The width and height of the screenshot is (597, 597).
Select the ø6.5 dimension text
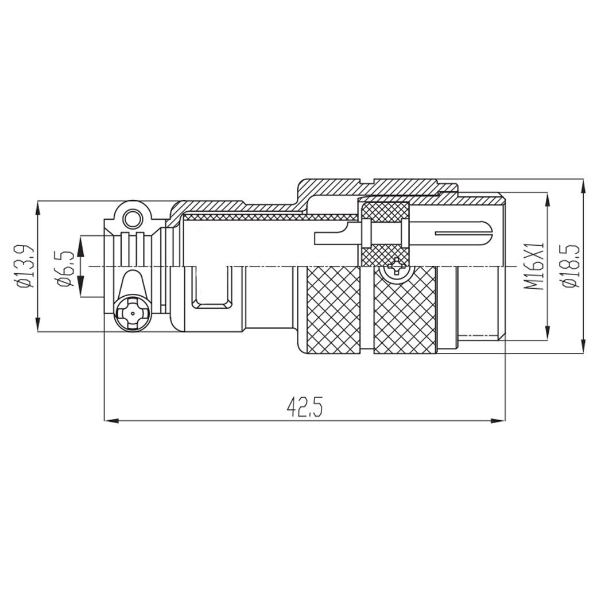[64, 266]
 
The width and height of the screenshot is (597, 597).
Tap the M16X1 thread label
[534, 266]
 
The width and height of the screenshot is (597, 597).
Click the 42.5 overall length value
[305, 408]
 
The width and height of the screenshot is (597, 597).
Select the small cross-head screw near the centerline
[397, 267]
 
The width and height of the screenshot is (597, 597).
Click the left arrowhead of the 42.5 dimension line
[111, 421]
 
